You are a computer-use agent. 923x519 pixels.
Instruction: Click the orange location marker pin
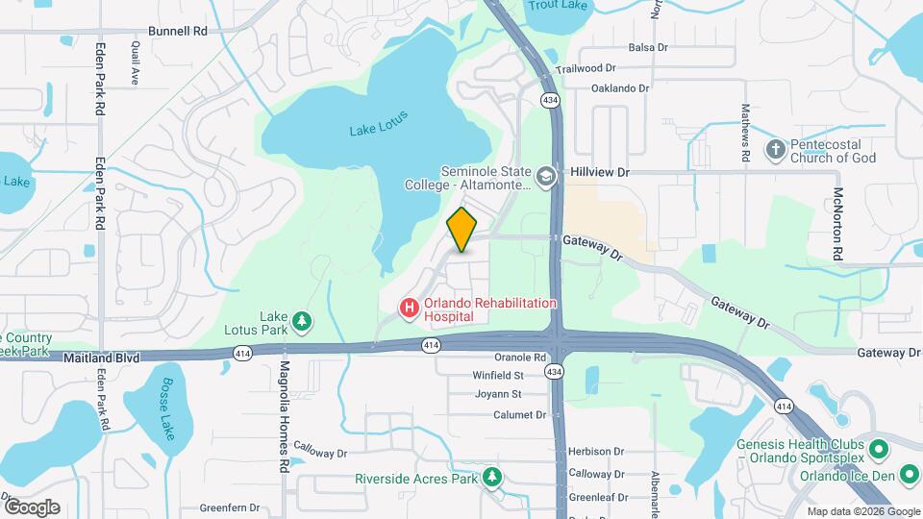[462, 229]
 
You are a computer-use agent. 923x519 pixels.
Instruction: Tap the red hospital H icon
[409, 308]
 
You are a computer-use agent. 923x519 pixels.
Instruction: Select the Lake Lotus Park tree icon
[303, 320]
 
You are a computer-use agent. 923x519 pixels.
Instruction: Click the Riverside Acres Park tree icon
[492, 477]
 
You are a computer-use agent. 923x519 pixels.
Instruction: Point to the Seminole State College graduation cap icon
[546, 176]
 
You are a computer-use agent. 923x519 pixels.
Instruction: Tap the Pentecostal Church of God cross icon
[775, 149]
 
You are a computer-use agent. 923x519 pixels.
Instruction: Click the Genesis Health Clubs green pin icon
[879, 449]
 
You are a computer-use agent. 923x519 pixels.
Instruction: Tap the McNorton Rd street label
[838, 222]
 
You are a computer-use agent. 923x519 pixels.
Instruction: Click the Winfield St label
[498, 376]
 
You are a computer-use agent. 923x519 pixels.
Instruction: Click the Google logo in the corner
[32, 507]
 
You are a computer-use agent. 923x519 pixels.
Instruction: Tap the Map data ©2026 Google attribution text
[863, 511]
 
